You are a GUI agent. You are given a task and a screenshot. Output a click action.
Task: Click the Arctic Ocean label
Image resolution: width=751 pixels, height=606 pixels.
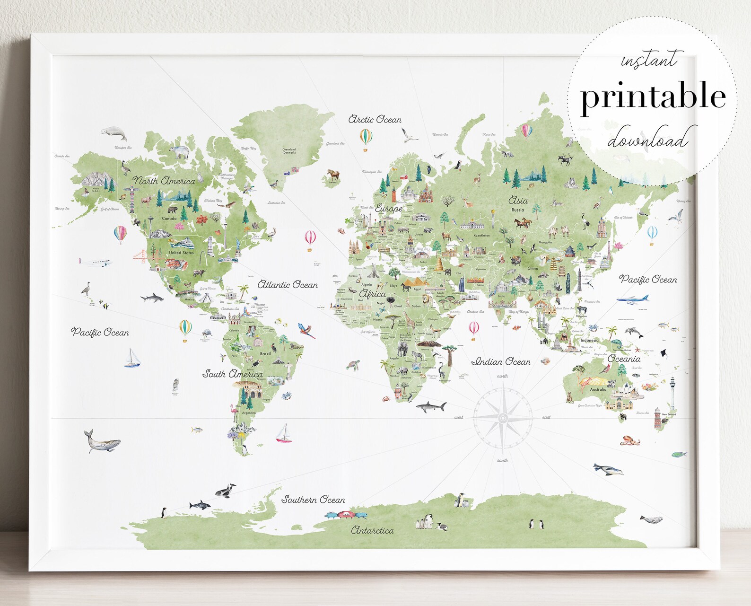point(375,120)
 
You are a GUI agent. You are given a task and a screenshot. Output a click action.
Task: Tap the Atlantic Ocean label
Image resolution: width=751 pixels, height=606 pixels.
point(288,285)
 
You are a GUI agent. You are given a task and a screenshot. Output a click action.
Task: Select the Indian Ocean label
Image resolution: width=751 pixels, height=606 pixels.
point(501,362)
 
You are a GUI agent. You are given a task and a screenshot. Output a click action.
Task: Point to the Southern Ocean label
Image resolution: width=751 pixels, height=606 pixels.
point(313,500)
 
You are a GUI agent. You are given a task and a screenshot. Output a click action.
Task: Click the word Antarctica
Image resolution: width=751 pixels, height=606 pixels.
point(372,530)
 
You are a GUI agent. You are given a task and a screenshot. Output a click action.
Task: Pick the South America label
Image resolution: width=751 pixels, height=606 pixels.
point(232,374)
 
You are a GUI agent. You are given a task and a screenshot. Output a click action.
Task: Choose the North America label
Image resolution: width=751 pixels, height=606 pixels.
point(164,181)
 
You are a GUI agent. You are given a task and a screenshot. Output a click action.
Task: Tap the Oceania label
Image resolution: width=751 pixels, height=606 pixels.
point(624,359)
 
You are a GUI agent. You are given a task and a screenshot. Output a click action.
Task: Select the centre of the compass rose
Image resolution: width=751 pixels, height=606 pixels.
point(503,418)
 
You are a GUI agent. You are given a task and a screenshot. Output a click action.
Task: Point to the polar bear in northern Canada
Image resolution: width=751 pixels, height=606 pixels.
point(180,152)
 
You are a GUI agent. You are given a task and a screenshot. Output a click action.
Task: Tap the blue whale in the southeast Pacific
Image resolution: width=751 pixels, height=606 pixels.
point(102,441)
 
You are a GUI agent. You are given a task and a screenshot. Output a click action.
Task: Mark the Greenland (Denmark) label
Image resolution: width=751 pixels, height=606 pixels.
point(289,151)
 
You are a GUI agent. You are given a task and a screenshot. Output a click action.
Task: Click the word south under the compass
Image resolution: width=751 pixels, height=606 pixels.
point(502,460)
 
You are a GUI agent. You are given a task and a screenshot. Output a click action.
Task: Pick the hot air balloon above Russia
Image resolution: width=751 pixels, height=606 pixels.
point(527,130)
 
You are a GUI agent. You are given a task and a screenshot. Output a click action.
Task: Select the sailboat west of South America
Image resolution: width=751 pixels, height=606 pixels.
point(132,358)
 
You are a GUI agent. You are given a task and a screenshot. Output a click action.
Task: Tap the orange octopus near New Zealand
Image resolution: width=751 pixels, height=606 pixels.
point(630,440)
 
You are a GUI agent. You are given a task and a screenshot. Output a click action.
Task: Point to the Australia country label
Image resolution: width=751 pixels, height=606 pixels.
point(598,389)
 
